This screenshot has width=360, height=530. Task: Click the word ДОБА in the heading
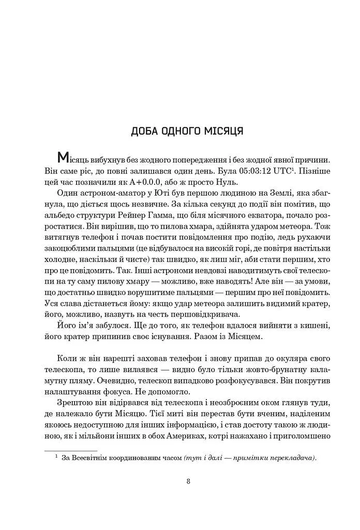[x=146, y=130]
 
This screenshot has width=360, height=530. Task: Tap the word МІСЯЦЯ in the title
[x=223, y=130]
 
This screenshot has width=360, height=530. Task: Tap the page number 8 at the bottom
[x=188, y=482]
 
